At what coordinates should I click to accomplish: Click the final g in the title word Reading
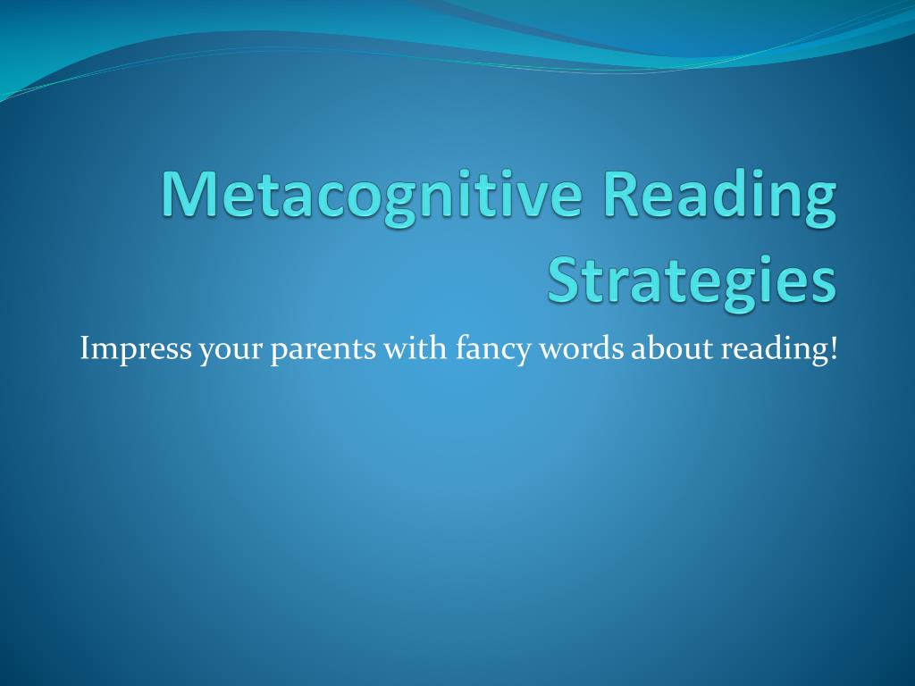click(x=819, y=202)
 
